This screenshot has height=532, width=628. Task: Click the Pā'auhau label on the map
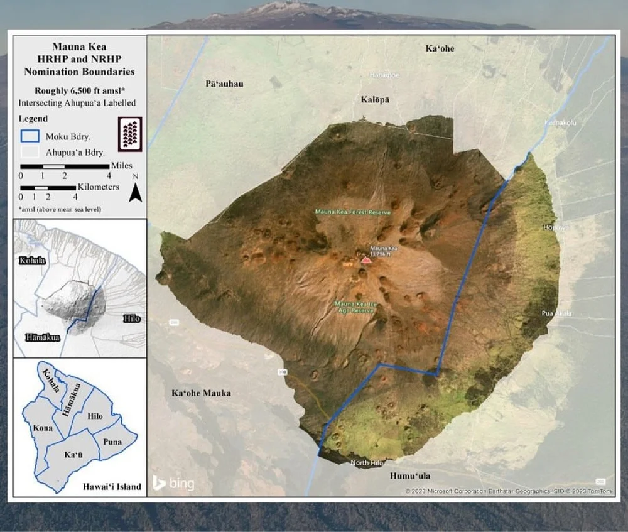(224, 84)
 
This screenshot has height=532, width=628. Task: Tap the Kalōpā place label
(375, 100)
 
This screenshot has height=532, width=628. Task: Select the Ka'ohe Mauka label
(201, 393)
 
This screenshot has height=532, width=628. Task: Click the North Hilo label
(367, 464)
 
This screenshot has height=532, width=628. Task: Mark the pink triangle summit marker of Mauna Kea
(366, 259)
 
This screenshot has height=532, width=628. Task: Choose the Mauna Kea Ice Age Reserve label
(355, 307)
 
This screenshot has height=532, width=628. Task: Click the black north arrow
(135, 192)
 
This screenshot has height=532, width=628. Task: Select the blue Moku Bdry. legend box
(30, 136)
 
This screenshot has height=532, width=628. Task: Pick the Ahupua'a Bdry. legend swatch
(30, 152)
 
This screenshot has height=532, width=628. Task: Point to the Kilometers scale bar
(49, 188)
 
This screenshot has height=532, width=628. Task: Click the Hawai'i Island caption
(112, 487)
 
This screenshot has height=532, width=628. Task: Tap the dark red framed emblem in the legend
(130, 133)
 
